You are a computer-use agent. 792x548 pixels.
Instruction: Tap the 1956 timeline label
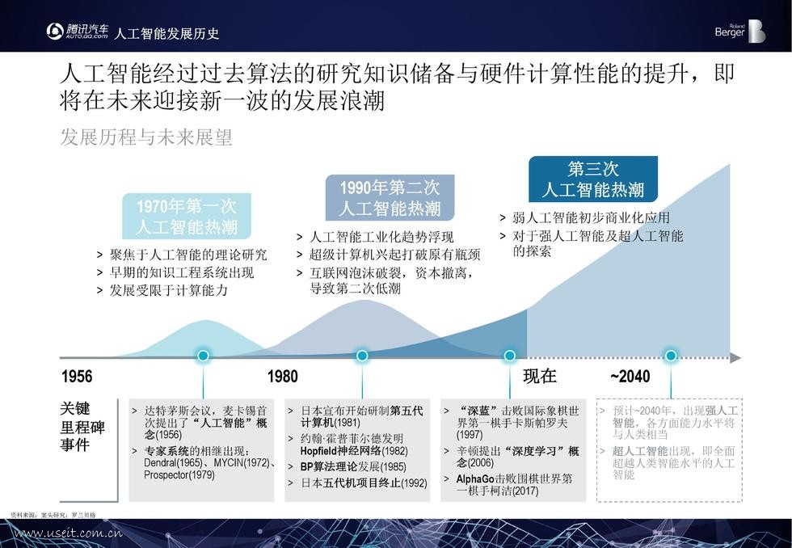point(77,377)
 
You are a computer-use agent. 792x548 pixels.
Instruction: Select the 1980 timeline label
point(282,377)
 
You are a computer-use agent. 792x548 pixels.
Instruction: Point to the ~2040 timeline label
point(630,377)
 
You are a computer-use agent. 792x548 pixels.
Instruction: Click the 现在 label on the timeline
point(540,377)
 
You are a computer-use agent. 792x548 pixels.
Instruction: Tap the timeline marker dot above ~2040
point(670,356)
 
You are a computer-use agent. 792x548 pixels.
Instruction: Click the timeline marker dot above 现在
point(510,356)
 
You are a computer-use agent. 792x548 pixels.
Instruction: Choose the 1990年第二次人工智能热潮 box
point(390,198)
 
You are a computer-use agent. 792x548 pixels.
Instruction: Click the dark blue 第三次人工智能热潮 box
point(592,179)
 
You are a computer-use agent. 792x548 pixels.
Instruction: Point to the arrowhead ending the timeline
point(735,357)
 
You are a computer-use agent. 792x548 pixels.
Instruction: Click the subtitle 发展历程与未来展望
point(146,137)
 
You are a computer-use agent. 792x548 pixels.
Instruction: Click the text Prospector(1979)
point(179,475)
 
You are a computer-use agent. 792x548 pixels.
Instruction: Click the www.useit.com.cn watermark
point(69,533)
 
